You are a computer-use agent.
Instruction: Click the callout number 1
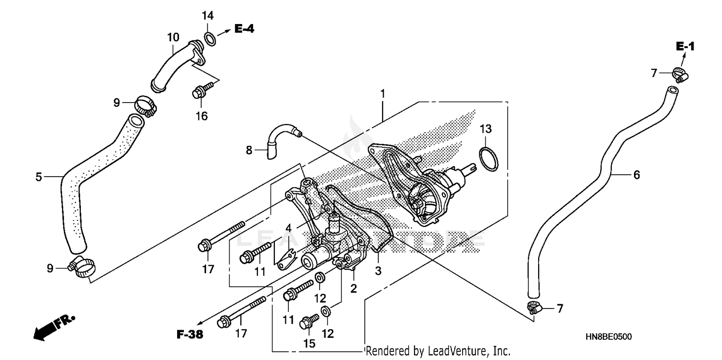383,94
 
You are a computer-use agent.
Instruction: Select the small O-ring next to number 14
210,38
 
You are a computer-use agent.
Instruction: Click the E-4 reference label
244,29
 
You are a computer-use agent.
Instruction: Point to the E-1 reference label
685,47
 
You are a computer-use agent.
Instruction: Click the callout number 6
636,175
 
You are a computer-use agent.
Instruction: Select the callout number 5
39,177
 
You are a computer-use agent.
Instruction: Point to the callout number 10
173,37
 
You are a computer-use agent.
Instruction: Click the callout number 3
378,271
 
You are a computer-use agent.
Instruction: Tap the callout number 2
353,289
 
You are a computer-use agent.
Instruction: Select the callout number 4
288,228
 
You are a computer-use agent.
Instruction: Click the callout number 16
202,116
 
